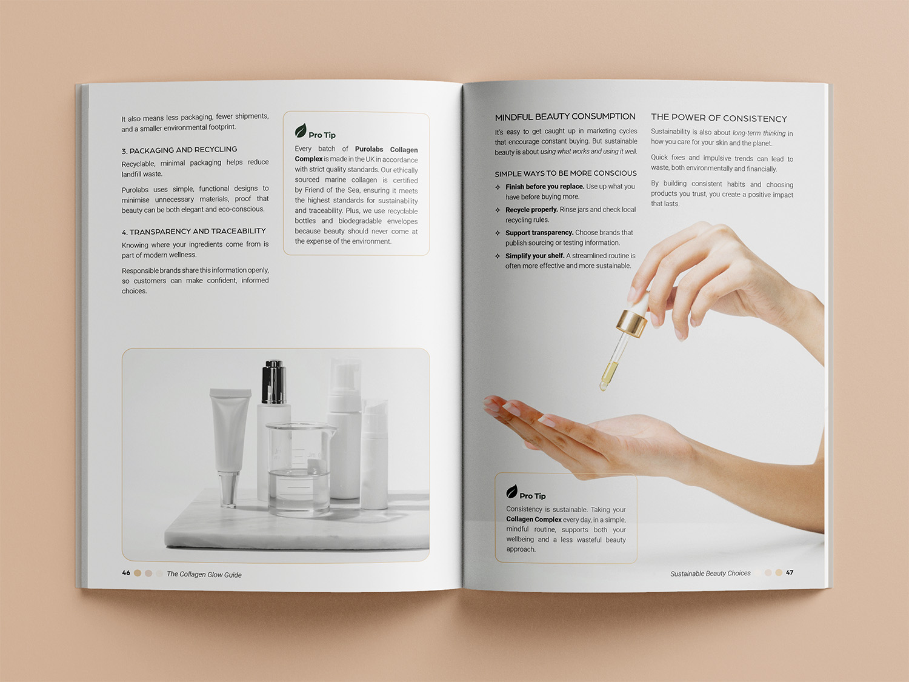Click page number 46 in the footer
(x=126, y=573)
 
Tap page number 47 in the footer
(x=790, y=572)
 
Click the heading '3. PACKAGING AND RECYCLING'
(x=179, y=150)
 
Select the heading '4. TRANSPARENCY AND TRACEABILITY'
(x=194, y=232)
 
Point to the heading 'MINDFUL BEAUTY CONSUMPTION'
(x=565, y=117)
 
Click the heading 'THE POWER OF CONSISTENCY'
(x=719, y=118)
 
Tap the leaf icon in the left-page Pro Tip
(x=300, y=130)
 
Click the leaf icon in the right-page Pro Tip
(x=511, y=492)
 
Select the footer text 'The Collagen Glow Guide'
(x=204, y=574)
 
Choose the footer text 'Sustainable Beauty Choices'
(x=710, y=573)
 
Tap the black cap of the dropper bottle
(x=273, y=382)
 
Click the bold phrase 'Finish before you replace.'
(x=545, y=187)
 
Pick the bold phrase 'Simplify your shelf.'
(x=534, y=256)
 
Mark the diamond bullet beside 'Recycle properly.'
(x=498, y=210)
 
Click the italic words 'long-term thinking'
(x=759, y=133)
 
